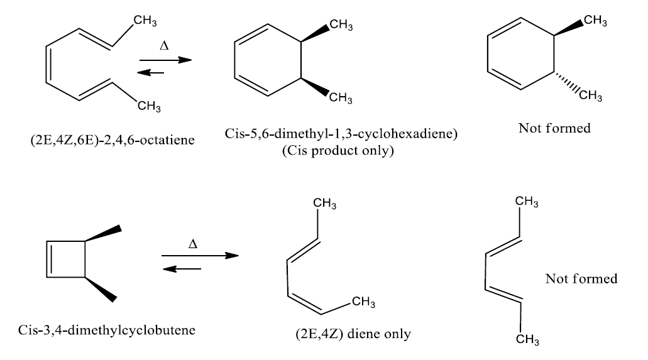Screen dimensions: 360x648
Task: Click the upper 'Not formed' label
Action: tap(555, 128)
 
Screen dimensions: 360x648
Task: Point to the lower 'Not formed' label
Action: tap(581, 278)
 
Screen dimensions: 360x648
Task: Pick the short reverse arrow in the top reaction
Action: tap(151, 72)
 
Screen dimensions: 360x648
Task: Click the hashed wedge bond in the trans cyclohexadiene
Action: tap(566, 84)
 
